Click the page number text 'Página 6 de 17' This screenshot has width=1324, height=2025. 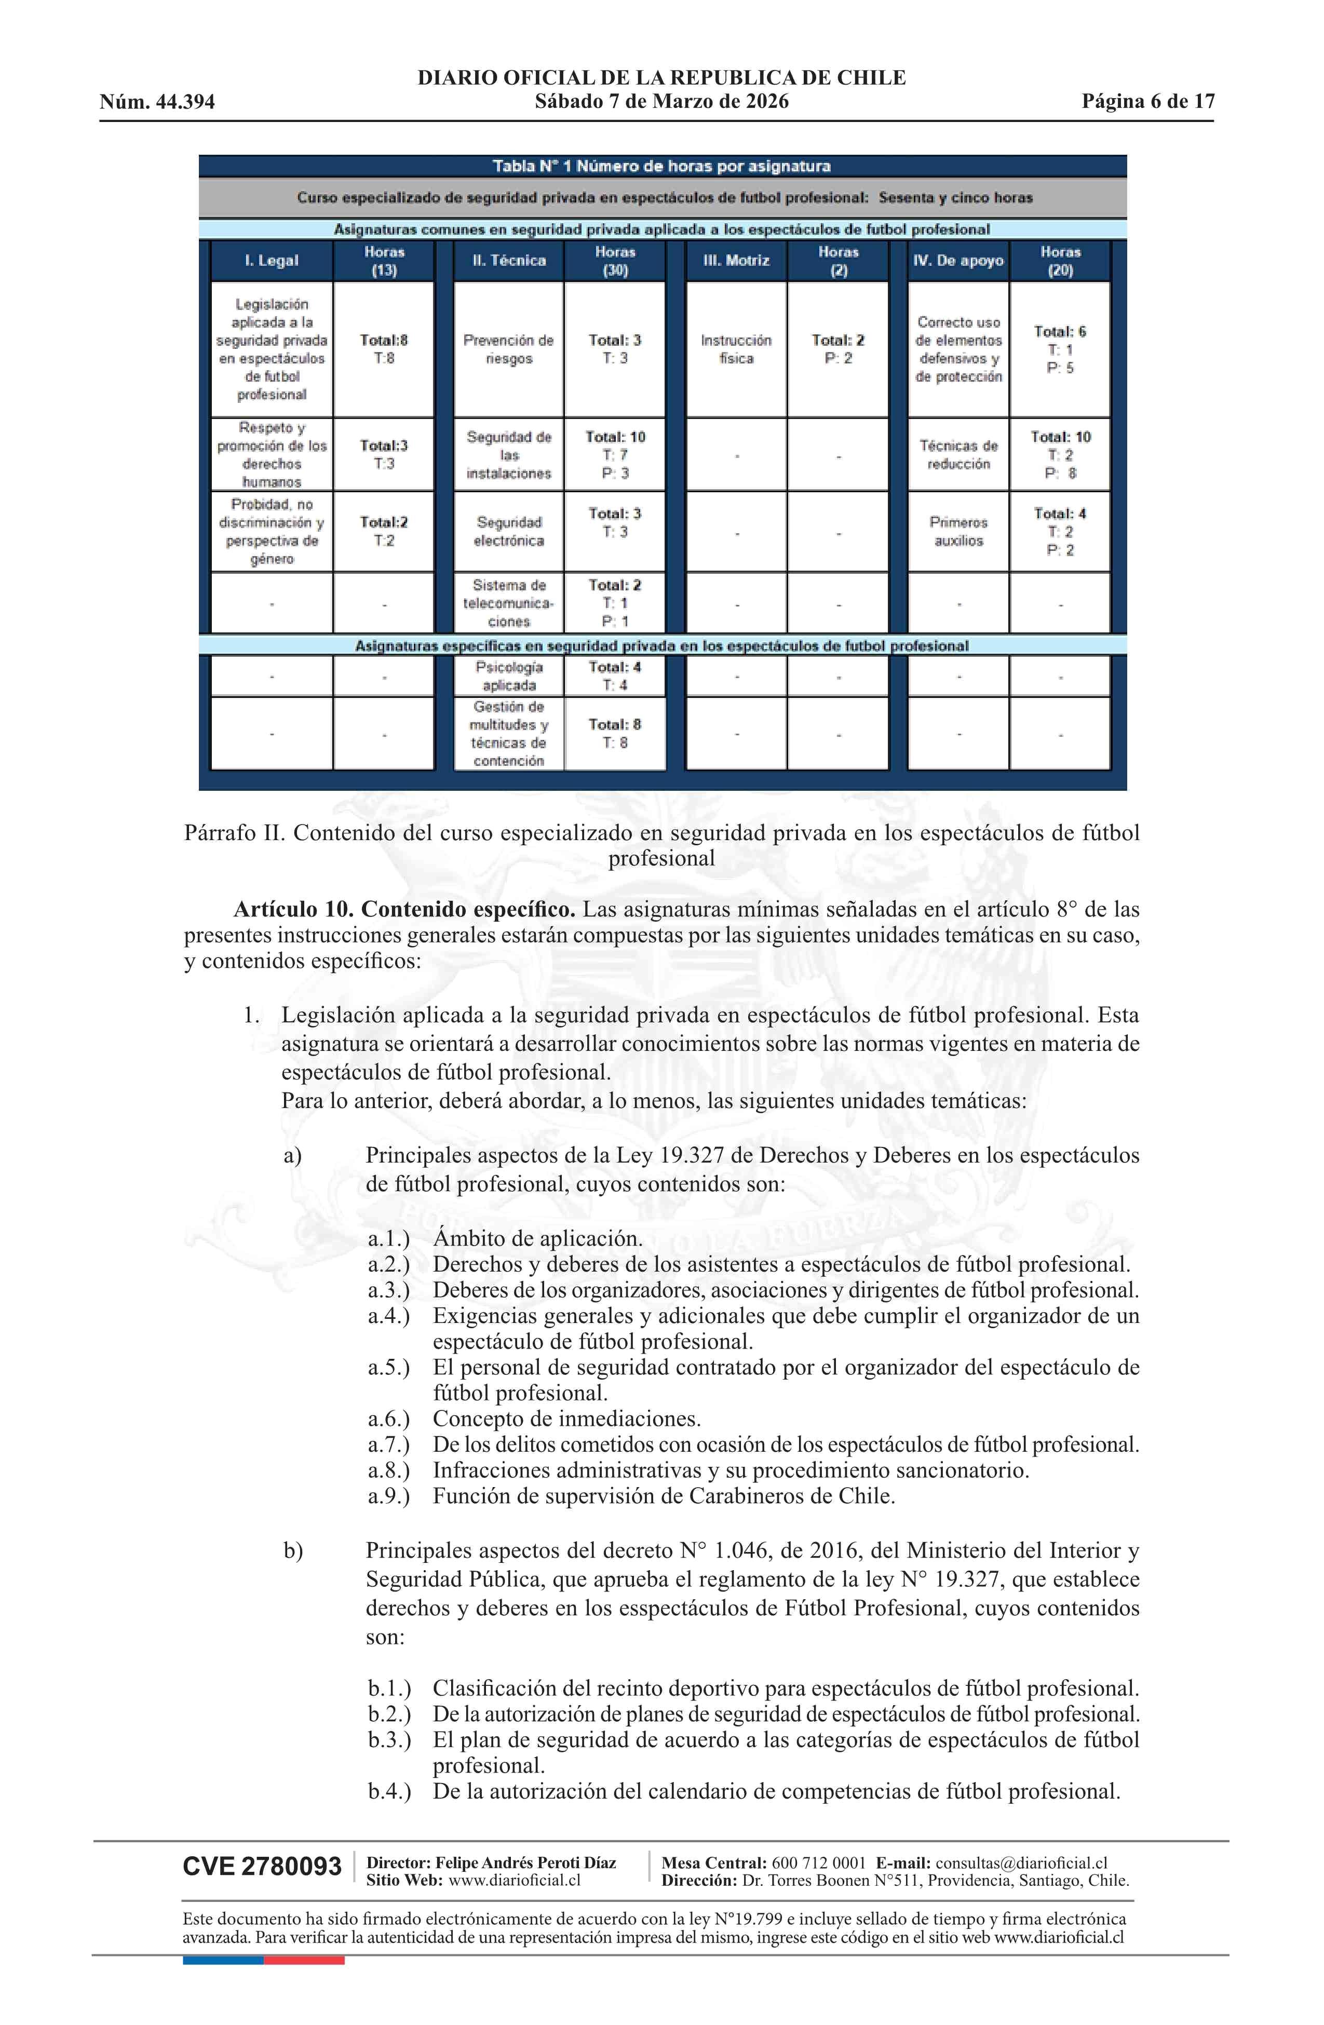coord(1147,102)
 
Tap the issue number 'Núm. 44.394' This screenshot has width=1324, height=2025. coord(157,103)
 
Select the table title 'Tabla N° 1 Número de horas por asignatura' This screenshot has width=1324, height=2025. coord(662,166)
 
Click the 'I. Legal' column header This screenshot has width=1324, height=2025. coord(272,260)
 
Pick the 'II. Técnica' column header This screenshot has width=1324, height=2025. coord(509,260)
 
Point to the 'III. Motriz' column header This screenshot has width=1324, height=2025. coord(736,260)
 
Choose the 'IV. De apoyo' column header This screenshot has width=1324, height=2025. coord(958,260)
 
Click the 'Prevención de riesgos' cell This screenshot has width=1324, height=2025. coord(509,349)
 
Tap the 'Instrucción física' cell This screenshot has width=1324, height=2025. coord(736,349)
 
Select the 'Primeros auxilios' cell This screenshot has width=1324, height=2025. coord(958,531)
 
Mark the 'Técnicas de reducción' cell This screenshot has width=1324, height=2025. coord(958,454)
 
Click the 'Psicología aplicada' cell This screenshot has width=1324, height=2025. coord(509,676)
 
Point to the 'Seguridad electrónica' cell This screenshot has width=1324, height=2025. coord(509,531)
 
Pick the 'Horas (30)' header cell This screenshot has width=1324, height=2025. coord(614,260)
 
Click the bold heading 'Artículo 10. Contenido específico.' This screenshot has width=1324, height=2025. coord(404,909)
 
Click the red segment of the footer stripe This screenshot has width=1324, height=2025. coord(304,1960)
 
